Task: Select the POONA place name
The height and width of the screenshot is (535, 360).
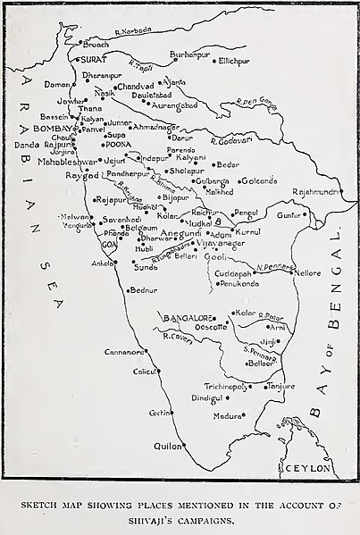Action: [x=118, y=145]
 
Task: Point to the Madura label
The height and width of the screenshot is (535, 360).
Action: [x=227, y=416]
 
